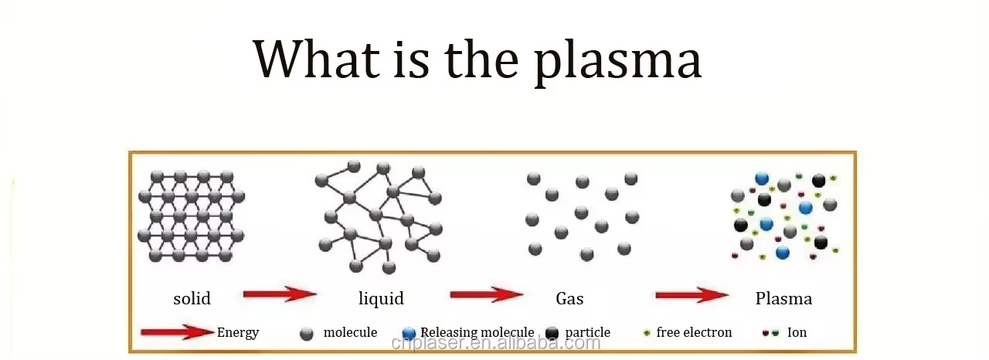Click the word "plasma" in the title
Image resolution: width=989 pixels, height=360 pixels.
[x=618, y=62]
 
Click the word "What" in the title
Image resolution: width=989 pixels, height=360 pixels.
[x=317, y=59]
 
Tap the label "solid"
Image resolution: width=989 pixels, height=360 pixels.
[x=192, y=299]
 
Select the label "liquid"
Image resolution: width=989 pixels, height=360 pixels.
[x=381, y=298]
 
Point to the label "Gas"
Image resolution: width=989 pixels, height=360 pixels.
[x=569, y=299]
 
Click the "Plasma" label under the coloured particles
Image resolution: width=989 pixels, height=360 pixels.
[x=783, y=299]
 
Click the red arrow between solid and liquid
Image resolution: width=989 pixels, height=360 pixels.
[x=280, y=294]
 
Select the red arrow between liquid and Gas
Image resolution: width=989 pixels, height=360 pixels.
[x=487, y=294]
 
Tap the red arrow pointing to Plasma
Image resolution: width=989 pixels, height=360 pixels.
[x=692, y=294]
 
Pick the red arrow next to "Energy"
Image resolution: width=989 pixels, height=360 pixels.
[x=178, y=331]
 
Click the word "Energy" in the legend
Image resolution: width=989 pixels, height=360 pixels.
[x=238, y=333]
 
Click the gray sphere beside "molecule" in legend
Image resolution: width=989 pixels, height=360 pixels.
[x=307, y=334]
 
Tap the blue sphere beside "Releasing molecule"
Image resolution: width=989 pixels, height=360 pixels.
[x=410, y=334]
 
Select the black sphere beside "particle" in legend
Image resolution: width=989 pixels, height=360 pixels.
[x=552, y=334]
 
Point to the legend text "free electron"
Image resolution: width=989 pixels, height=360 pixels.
[x=694, y=332]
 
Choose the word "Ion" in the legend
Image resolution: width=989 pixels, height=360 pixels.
[x=797, y=332]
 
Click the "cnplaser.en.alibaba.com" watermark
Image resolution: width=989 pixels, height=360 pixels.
[x=496, y=343]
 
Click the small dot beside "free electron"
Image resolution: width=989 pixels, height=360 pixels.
[x=647, y=333]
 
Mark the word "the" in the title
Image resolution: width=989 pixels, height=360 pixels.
[x=481, y=59]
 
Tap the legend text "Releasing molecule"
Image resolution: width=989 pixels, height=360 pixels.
[x=478, y=333]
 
